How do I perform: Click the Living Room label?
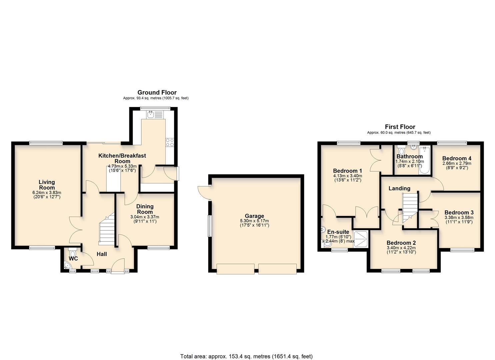(47, 185)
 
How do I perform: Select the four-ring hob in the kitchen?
(170, 142)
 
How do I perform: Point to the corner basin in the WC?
(67, 266)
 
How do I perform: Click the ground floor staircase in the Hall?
(107, 230)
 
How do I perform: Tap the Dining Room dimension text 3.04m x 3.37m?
(145, 217)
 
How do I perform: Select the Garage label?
(254, 216)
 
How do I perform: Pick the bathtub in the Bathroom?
(425, 160)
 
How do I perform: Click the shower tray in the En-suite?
(361, 240)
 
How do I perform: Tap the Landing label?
(399, 188)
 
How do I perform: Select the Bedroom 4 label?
(457, 158)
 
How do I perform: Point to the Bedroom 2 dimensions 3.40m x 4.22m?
(401, 248)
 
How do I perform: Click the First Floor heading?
(400, 127)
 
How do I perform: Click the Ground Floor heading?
(157, 92)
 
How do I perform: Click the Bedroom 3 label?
(459, 212)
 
